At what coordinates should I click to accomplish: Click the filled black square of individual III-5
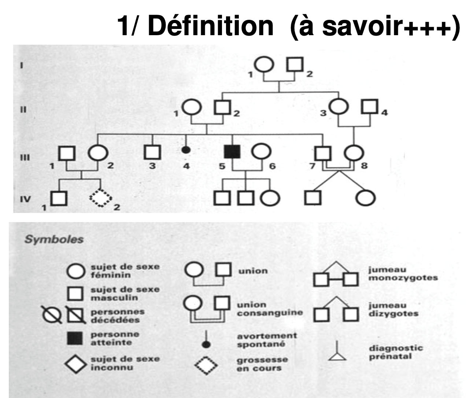coord(232,151)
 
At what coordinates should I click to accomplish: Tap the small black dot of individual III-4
coord(186,150)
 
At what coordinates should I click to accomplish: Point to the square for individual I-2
coord(296,65)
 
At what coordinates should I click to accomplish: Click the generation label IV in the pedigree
coord(25,200)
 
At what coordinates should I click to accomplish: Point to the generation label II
coord(23,109)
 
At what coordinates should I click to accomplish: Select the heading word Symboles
coord(54,240)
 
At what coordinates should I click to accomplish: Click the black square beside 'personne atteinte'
coord(75,338)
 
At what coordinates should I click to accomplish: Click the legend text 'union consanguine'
coord(270,309)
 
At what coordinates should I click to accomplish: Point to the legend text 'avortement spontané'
coord(267,340)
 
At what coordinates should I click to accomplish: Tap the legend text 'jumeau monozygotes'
coord(403,274)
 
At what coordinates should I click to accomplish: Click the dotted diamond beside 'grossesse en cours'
coord(206,365)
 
